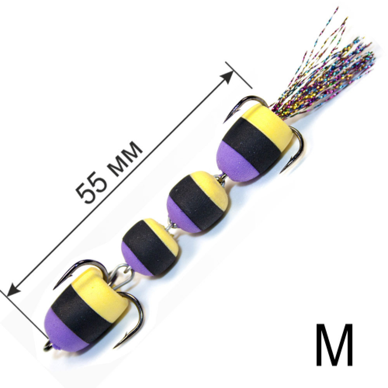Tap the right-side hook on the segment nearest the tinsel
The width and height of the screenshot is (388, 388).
coord(296,149)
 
